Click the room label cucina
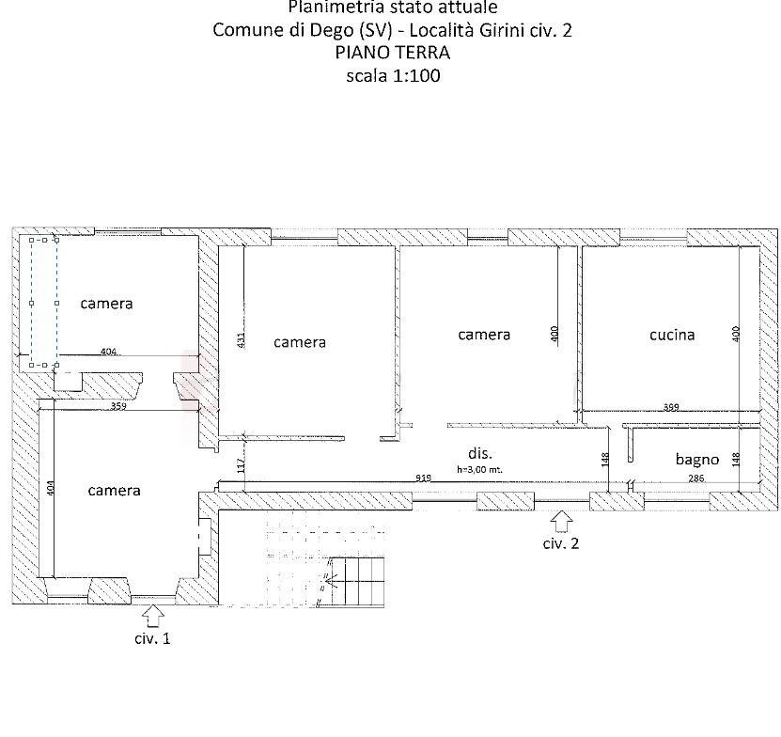672,334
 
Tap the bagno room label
697,460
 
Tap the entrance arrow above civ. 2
561,519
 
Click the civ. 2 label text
561,543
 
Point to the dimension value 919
424,478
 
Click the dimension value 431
241,340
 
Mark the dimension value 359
118,407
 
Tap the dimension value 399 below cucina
671,407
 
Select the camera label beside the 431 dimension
300,342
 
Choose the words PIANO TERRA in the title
392,53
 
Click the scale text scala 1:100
392,75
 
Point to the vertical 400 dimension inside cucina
737,333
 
